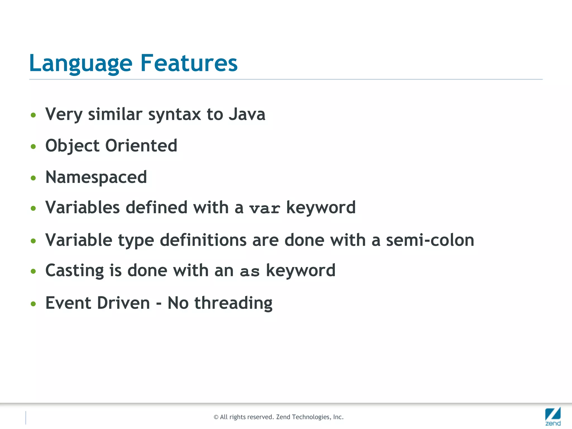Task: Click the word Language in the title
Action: point(81,64)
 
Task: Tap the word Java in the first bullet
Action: point(247,115)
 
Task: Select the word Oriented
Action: point(141,146)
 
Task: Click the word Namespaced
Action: point(96,177)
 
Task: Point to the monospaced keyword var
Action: point(264,209)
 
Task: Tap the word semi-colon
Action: point(430,240)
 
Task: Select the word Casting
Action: point(75,271)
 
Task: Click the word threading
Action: point(233,303)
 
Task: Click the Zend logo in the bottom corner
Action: point(553,416)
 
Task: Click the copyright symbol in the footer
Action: point(216,417)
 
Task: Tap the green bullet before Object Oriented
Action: point(34,146)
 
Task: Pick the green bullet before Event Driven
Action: point(34,304)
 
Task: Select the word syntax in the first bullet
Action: point(175,115)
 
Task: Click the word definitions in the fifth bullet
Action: point(203,240)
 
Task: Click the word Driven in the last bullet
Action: point(123,303)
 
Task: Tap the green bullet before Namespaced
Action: point(34,178)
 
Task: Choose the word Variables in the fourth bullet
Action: point(82,208)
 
